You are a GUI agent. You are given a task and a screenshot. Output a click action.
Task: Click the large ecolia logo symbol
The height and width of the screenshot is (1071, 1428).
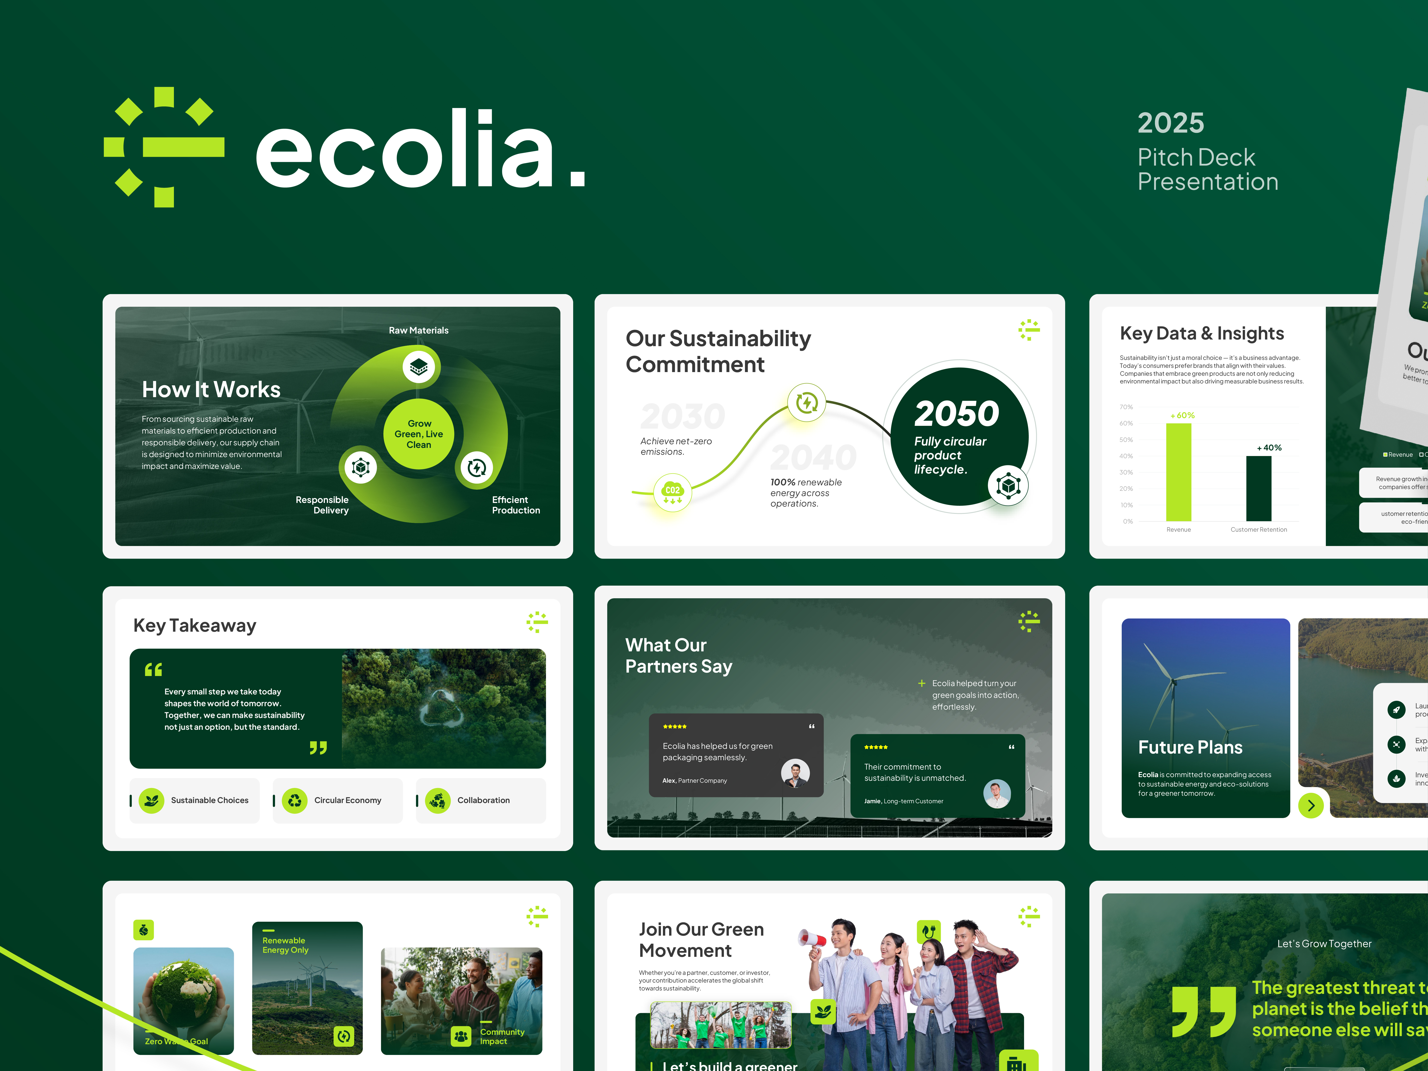pos(164,147)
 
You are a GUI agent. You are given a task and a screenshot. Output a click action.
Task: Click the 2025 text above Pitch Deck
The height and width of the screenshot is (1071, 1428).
pos(1170,123)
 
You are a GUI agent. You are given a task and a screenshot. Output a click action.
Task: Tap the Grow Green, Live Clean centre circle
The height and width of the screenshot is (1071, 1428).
pos(419,434)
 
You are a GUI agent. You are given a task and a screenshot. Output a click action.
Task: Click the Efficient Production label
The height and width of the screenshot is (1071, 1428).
pos(516,505)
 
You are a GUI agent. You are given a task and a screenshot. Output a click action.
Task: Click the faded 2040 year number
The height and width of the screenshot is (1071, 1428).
pos(813,457)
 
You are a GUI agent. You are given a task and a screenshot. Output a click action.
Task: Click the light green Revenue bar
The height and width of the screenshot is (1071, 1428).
pos(1178,471)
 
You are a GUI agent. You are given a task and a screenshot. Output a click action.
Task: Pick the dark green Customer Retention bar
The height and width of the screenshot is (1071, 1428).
pos(1258,488)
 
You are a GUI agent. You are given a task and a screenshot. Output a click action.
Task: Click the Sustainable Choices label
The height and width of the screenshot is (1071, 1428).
pos(210,800)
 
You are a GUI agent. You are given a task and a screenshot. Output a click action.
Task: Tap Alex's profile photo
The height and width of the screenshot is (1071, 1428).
pos(795,773)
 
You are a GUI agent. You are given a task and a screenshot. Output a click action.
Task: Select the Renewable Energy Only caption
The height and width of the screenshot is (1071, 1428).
pos(285,945)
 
